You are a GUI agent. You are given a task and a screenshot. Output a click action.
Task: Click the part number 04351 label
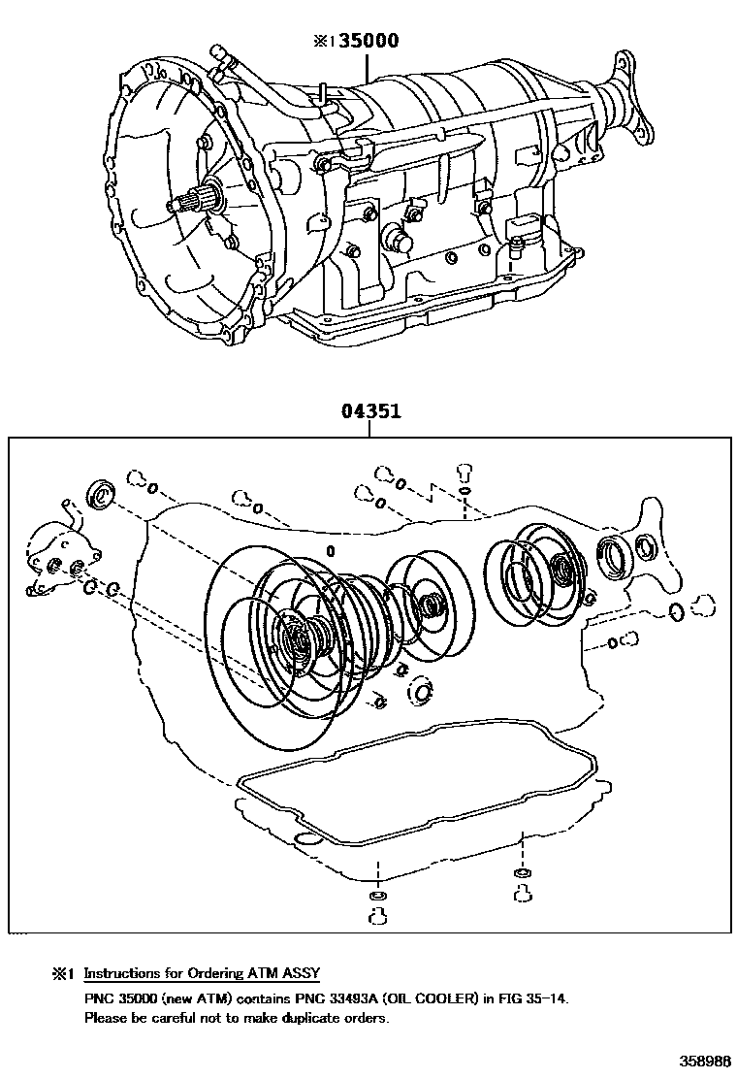point(370,411)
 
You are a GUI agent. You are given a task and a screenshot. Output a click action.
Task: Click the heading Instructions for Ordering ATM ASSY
point(202,973)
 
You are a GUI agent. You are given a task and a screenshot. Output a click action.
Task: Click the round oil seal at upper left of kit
point(101,494)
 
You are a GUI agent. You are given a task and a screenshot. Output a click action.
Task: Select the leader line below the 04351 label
point(370,428)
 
